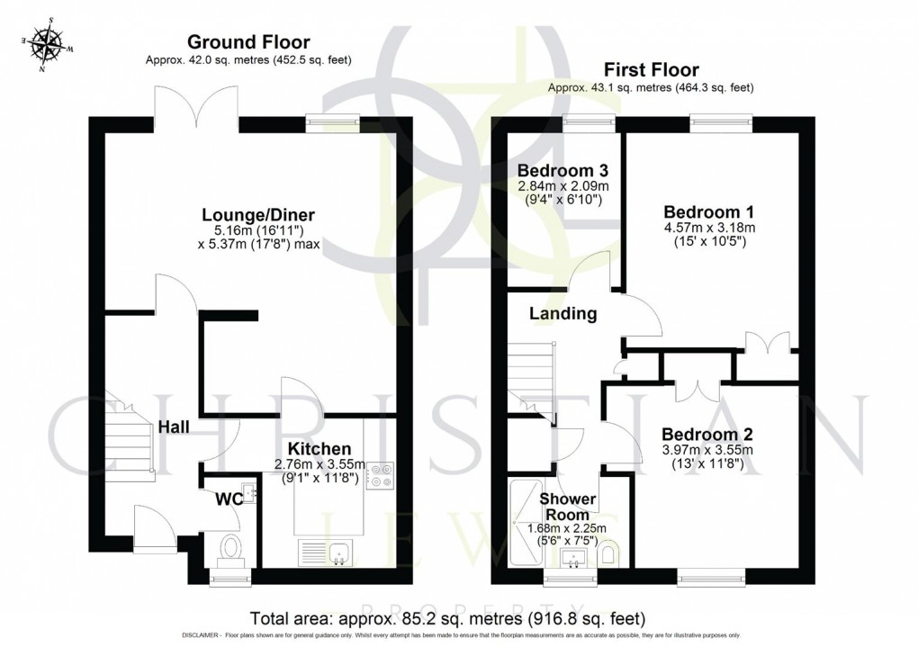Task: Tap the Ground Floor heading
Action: click(x=248, y=41)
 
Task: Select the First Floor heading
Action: click(x=651, y=69)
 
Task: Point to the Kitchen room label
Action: click(x=319, y=448)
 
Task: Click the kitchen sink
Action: click(x=339, y=553)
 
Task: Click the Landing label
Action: click(x=562, y=314)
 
